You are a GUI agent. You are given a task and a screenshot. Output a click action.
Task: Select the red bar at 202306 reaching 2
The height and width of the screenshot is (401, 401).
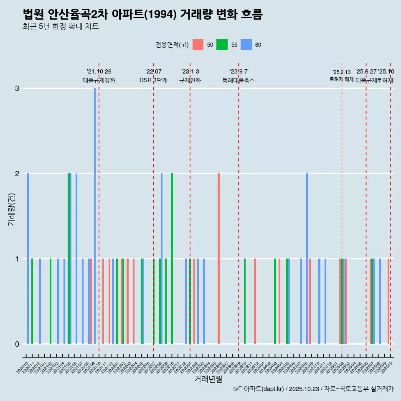[x=218, y=259]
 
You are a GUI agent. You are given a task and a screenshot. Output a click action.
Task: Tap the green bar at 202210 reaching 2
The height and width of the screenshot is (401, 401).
[x=172, y=259]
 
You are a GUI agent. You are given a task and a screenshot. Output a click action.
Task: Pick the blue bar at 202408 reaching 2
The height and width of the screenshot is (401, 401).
[x=307, y=259]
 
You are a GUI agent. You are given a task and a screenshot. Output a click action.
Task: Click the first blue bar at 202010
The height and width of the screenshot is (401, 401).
[x=28, y=259]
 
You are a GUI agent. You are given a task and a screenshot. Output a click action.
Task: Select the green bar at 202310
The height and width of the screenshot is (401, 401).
[x=245, y=301]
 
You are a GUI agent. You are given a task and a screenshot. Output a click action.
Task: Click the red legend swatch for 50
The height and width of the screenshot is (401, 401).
[x=198, y=45]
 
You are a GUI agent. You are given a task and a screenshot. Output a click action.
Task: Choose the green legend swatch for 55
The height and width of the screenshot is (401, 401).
[x=222, y=45]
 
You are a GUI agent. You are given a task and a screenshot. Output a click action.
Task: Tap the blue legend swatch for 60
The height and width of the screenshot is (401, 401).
[x=246, y=45]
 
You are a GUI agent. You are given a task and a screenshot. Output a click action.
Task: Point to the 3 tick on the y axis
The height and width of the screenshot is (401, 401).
[x=17, y=89]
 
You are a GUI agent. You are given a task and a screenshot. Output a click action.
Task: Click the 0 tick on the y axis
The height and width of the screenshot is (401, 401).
[x=17, y=344]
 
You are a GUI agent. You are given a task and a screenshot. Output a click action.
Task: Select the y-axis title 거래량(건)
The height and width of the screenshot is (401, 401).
[x=12, y=209]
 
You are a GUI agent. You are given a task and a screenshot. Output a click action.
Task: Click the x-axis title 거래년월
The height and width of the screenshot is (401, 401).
[x=208, y=379]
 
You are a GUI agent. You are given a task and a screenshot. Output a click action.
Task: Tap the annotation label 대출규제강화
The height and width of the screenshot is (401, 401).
[x=99, y=80]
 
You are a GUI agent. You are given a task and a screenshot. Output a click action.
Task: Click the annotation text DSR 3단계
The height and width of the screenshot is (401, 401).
[x=153, y=80]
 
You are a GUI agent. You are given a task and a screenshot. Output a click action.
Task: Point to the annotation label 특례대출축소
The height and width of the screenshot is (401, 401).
[x=238, y=80]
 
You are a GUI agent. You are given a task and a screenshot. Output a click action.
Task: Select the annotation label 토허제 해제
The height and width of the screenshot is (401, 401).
[x=342, y=79]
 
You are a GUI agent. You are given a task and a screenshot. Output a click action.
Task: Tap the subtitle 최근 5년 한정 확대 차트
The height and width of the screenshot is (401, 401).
[x=61, y=27]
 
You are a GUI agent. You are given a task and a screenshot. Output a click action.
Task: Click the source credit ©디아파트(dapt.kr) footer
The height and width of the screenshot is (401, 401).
[x=313, y=389]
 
